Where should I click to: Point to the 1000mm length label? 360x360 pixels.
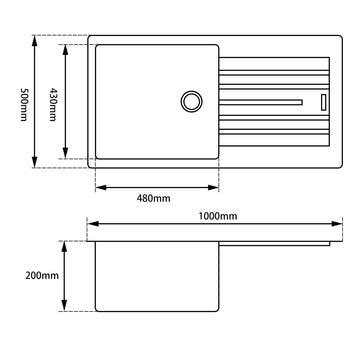click(216, 217)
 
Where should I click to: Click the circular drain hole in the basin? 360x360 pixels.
click(191, 101)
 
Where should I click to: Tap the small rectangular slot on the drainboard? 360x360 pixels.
click(323, 101)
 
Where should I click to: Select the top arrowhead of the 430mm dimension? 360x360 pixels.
click(66, 46)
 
